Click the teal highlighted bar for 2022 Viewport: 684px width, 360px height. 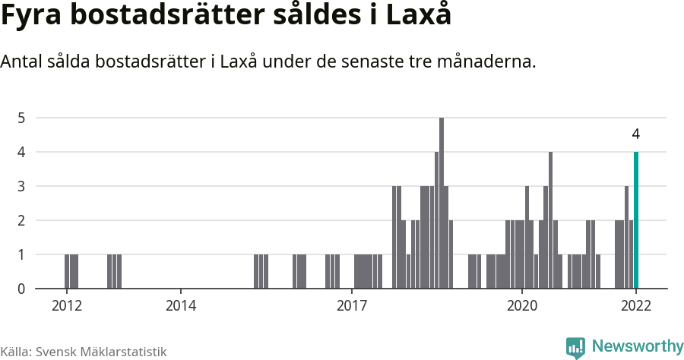(636, 220)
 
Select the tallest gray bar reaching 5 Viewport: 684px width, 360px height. (442, 204)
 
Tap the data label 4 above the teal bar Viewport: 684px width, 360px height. (636, 134)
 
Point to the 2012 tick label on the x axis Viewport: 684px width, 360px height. (66, 305)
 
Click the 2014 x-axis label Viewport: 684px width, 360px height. (181, 305)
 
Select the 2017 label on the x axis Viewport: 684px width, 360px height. (352, 305)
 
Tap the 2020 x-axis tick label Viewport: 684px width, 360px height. (523, 305)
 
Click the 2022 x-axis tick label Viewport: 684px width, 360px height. (636, 305)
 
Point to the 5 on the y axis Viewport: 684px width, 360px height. (22, 118)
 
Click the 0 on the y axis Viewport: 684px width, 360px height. (22, 289)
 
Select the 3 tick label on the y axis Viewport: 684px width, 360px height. (22, 186)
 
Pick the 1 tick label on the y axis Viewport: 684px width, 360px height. (22, 254)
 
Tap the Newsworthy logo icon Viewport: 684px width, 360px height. (575, 347)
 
